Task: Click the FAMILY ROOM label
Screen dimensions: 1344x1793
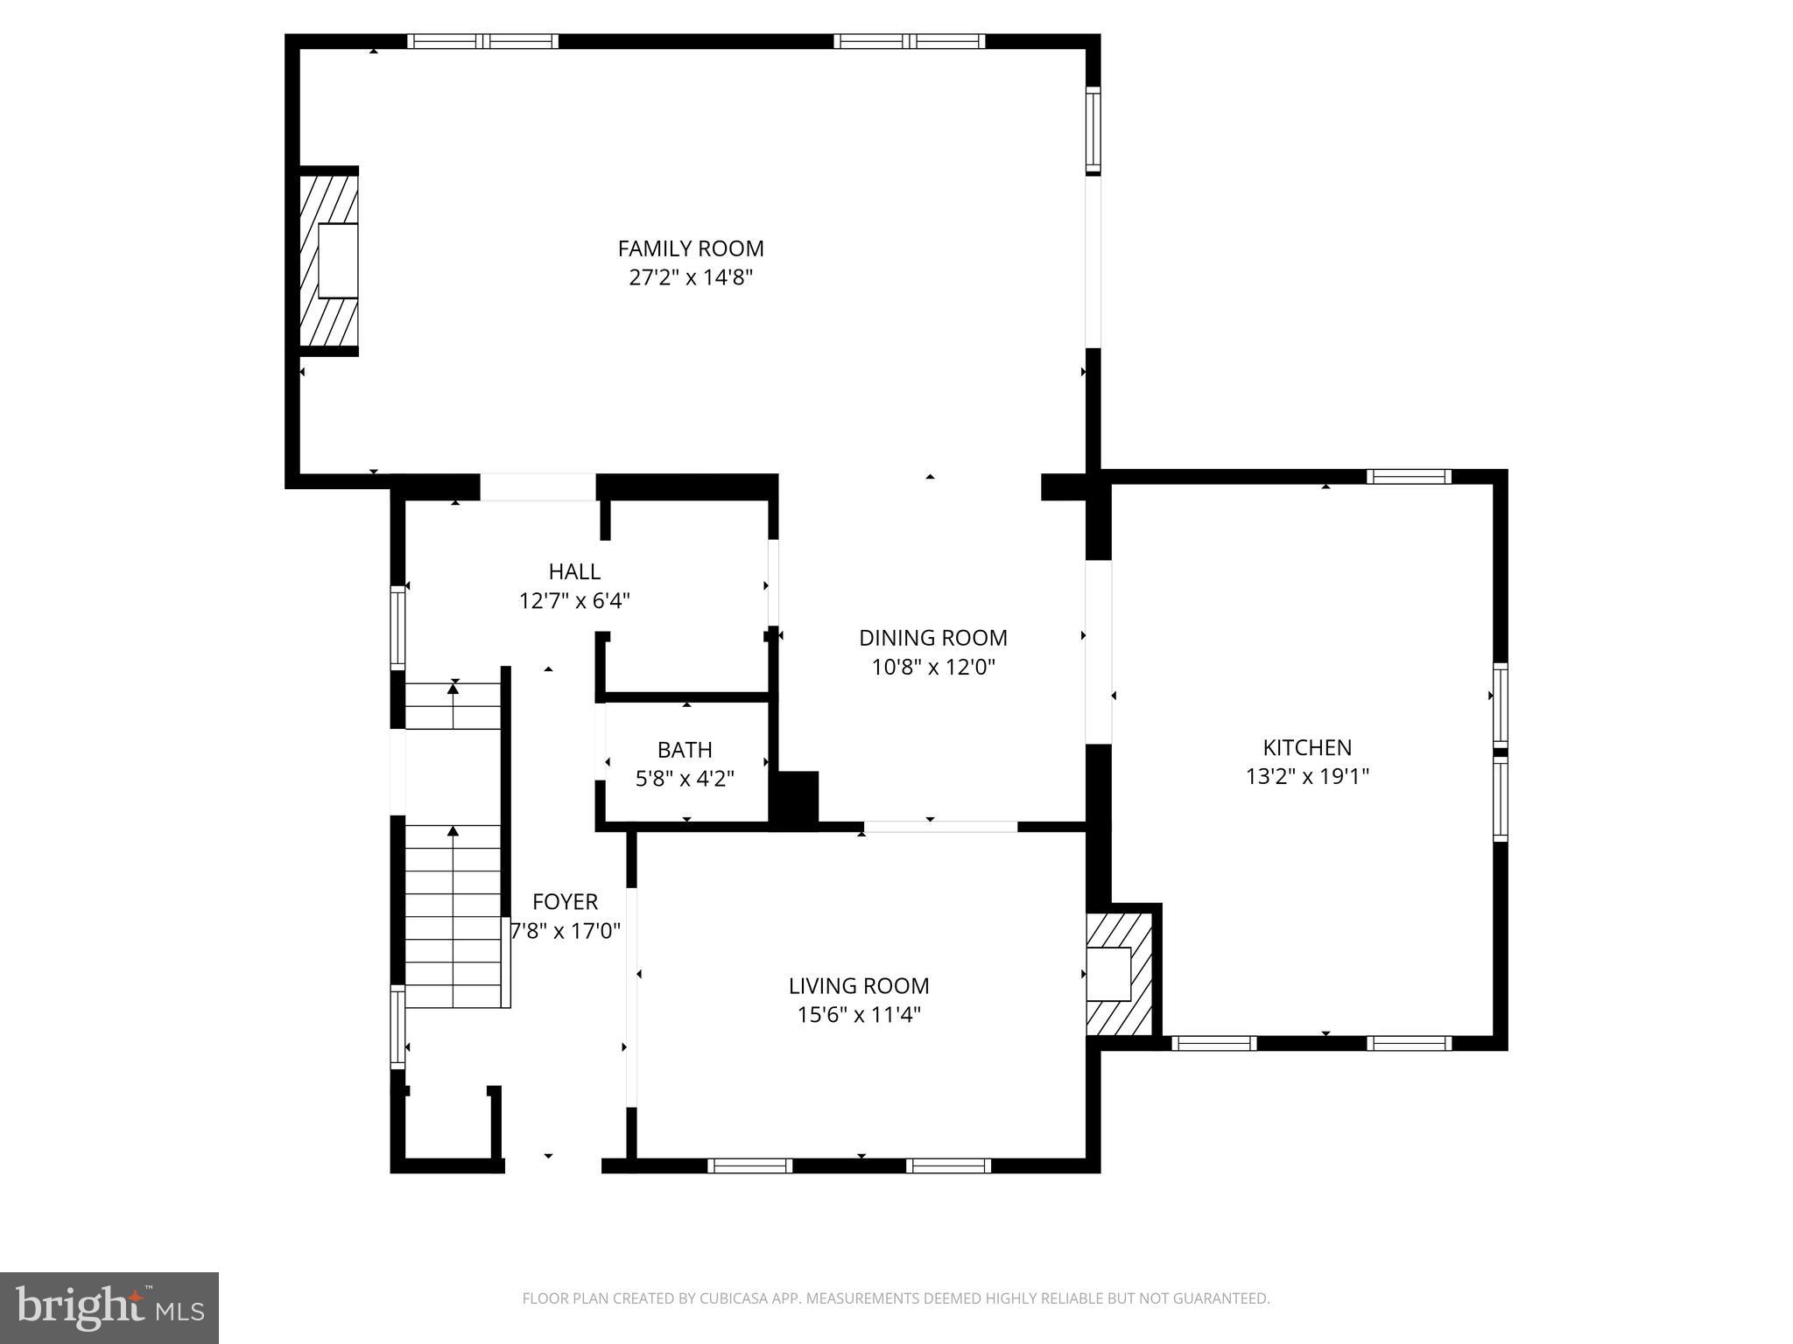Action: tap(691, 248)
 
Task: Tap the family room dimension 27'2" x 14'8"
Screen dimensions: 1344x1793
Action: tap(691, 278)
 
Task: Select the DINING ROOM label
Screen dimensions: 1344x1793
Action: tap(932, 638)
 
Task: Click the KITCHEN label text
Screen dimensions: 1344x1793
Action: tap(1306, 747)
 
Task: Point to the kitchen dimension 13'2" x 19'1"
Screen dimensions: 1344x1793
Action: tap(1306, 776)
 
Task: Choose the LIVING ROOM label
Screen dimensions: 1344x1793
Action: tap(858, 985)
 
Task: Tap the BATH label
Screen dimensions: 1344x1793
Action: tap(685, 750)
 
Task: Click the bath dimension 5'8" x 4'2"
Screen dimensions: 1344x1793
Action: tap(685, 778)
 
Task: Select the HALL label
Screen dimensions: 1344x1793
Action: tap(574, 571)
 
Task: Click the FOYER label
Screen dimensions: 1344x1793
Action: tap(565, 901)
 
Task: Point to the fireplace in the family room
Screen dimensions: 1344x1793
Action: tap(329, 261)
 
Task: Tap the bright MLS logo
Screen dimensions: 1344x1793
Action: tap(109, 1307)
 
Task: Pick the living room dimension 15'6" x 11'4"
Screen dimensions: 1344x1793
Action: tap(858, 1015)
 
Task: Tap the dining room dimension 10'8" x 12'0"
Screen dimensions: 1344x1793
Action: tap(932, 668)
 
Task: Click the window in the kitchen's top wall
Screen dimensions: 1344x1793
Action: tap(1408, 477)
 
